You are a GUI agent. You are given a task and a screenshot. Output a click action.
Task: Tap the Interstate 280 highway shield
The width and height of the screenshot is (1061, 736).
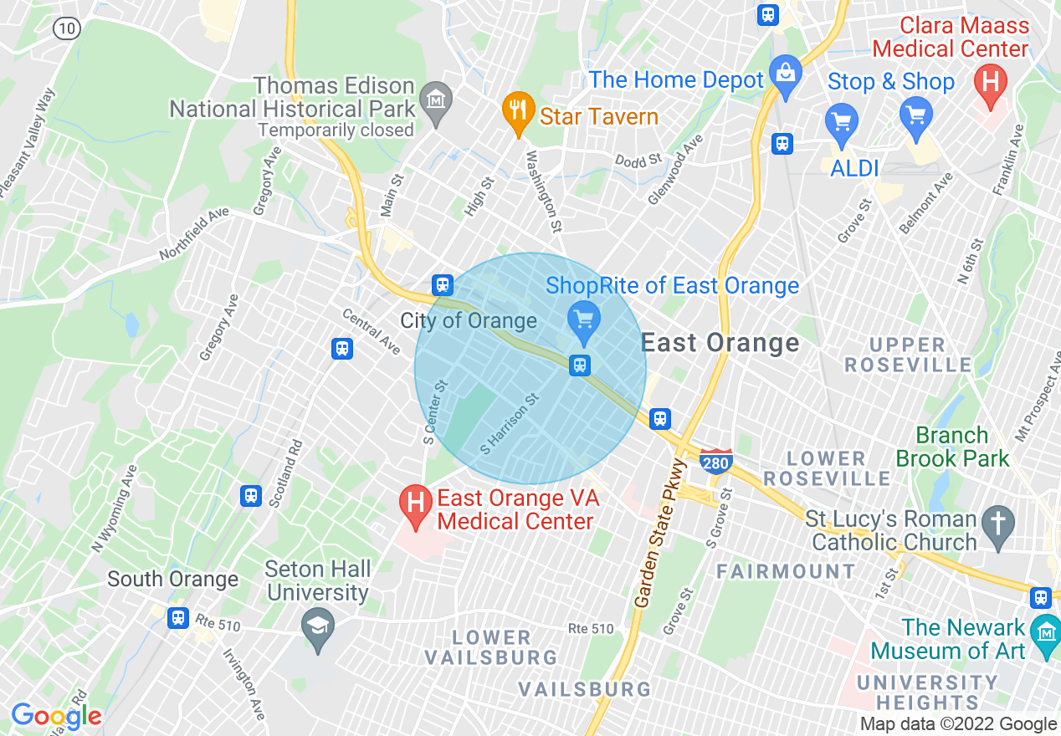point(716,461)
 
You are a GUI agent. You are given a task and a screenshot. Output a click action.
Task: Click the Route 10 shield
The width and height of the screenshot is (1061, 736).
point(66,28)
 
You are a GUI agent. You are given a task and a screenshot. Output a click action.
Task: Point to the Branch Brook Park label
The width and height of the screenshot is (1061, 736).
point(953,447)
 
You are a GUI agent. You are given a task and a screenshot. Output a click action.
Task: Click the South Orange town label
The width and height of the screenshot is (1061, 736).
point(172,579)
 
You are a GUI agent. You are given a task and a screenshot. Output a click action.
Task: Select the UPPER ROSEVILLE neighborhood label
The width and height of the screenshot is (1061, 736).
point(908,355)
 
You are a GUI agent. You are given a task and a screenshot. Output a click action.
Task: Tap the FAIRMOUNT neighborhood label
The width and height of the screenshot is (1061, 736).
point(786,571)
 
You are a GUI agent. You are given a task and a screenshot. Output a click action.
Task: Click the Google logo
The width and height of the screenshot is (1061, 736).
point(56,716)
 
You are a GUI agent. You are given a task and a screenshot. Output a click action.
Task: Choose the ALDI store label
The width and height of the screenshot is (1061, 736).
point(854,168)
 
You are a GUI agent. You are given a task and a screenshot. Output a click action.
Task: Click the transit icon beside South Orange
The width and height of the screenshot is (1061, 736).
point(177,618)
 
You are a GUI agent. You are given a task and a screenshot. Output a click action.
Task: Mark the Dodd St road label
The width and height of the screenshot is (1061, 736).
point(638,160)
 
